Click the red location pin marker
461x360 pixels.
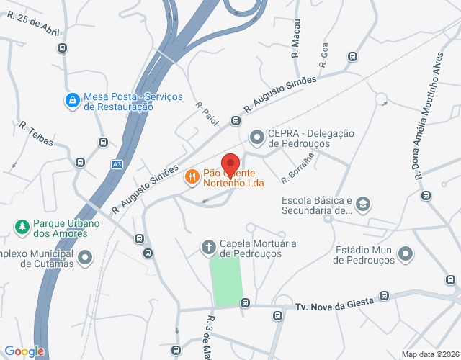[x=230, y=163]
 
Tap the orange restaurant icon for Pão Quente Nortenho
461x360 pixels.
[x=192, y=177]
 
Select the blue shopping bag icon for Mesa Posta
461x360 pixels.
[x=72, y=101]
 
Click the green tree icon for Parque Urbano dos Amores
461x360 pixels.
[x=22, y=228]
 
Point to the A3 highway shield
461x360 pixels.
[x=117, y=164]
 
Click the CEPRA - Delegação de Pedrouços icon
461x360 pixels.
[x=256, y=137]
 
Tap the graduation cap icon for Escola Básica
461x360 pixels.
[x=363, y=205]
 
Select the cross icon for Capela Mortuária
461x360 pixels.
[x=208, y=248]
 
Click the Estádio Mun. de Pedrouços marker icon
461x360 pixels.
[x=406, y=254]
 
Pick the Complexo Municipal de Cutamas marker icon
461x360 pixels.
[x=86, y=257]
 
